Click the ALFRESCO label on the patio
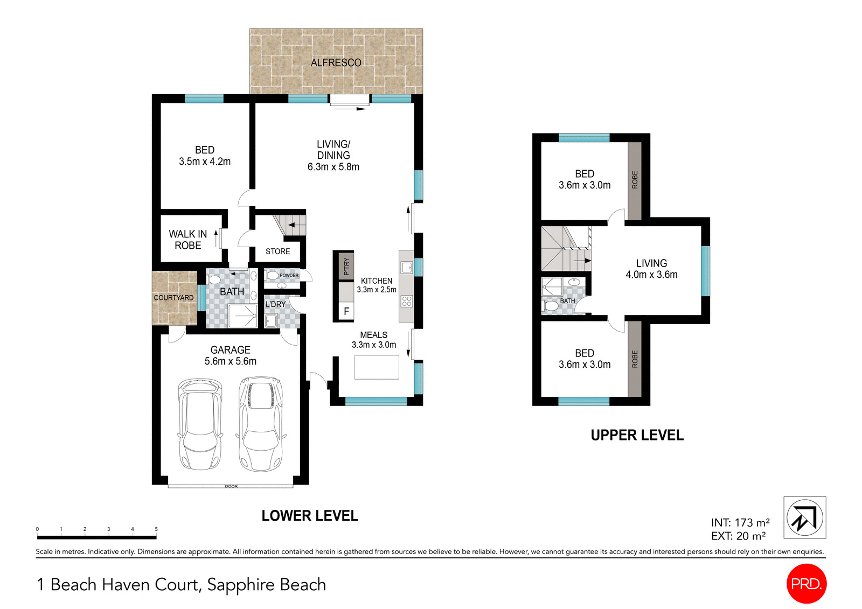click(x=336, y=62)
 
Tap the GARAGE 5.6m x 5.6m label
click(x=230, y=355)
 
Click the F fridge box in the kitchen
click(x=346, y=311)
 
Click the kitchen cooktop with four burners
click(x=407, y=301)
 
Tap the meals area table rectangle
click(x=377, y=367)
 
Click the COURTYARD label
click(x=173, y=298)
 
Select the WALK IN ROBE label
click(x=187, y=240)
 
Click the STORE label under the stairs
click(x=277, y=251)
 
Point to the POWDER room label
click(x=289, y=276)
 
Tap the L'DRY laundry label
click(x=275, y=304)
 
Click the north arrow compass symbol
click(x=804, y=518)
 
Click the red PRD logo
click(x=806, y=584)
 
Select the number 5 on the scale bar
click(x=156, y=529)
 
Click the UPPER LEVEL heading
click(x=637, y=435)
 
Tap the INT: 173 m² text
click(x=740, y=522)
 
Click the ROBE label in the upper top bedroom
click(x=635, y=179)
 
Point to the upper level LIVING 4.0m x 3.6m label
click(x=651, y=269)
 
